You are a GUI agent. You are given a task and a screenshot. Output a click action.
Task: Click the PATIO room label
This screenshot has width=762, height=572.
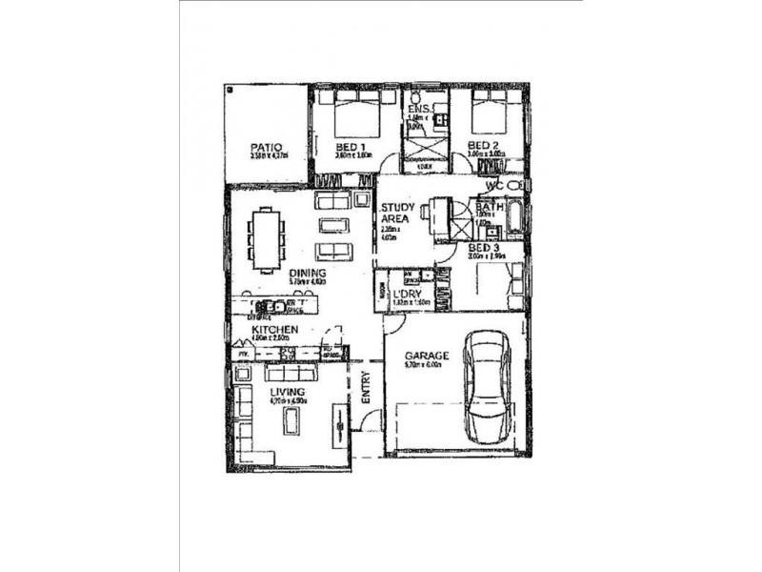[x=266, y=148]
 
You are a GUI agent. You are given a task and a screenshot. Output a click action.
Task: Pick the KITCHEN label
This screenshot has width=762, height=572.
[x=275, y=330]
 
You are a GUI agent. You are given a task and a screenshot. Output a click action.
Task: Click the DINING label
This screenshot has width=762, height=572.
[x=307, y=272]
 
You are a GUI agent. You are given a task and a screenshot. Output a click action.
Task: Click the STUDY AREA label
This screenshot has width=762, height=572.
[x=395, y=214]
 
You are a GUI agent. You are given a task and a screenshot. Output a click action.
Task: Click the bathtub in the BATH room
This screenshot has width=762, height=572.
[x=513, y=216]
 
